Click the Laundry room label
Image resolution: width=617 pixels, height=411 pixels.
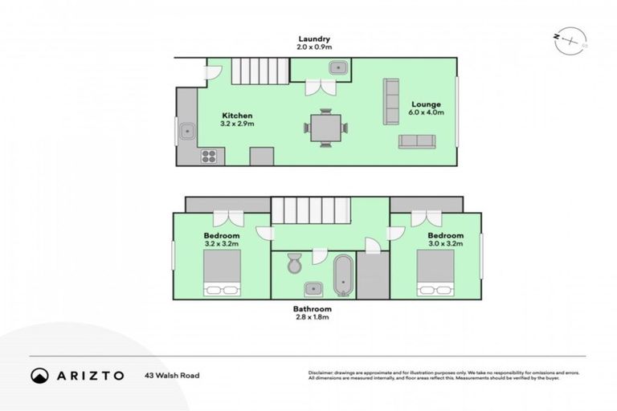coord(314,39)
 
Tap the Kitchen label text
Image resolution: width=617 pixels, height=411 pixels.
coord(237,116)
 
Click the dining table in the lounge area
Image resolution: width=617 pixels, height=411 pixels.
coord(325,128)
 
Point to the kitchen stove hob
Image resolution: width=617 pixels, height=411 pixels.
coord(208,156)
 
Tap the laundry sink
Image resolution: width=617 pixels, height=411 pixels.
coord(338,68)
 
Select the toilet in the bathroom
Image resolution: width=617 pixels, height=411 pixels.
coord(294,261)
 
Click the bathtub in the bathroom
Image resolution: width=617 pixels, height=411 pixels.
coord(343,274)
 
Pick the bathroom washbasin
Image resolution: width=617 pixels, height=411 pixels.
coord(312,288)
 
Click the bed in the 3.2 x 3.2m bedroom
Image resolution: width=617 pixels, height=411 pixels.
coord(222,273)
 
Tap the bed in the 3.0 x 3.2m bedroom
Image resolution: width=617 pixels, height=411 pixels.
coord(435,273)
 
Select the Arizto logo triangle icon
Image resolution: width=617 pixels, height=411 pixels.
coord(39,375)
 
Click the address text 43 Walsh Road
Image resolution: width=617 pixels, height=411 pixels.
coord(172,375)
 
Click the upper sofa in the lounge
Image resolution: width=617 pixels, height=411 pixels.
coord(391,101)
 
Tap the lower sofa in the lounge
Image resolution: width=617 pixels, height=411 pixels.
coord(416,141)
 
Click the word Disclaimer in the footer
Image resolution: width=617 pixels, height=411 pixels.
coord(322,373)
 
